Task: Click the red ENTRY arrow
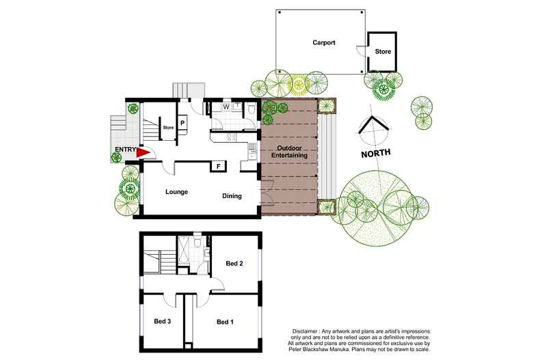(x=143, y=152)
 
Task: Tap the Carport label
(x=324, y=42)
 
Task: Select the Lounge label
(x=176, y=192)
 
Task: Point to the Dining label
(x=232, y=196)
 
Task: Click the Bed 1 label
(x=226, y=322)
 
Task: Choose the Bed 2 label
(x=234, y=263)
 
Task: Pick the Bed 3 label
(x=163, y=321)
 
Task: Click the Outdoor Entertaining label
(x=289, y=152)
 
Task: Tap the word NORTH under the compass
(x=376, y=153)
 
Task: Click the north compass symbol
(x=373, y=126)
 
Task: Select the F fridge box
(x=218, y=167)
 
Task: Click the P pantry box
(x=183, y=122)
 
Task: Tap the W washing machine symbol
(x=226, y=107)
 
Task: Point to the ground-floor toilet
(x=251, y=109)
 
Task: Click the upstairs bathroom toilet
(x=198, y=243)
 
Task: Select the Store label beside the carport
(x=383, y=51)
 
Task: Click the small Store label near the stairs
(x=168, y=127)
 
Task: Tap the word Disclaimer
(x=305, y=331)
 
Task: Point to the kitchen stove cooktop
(x=231, y=138)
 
